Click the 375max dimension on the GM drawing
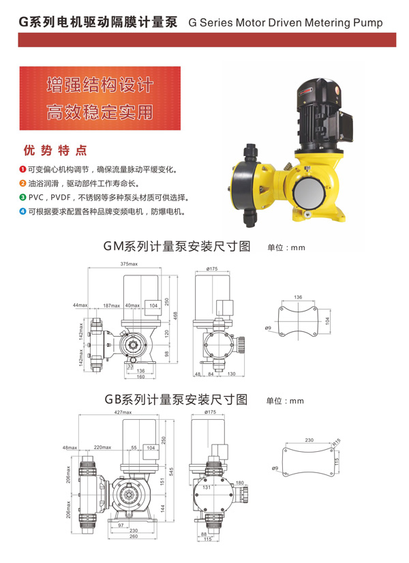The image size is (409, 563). (x=129, y=264)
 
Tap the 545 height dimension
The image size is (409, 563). (x=175, y=470)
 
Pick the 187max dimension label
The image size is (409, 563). (x=110, y=305)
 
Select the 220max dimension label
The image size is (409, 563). (x=102, y=448)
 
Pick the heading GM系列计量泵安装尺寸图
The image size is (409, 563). (x=177, y=246)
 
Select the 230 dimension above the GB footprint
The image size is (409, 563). (x=309, y=440)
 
